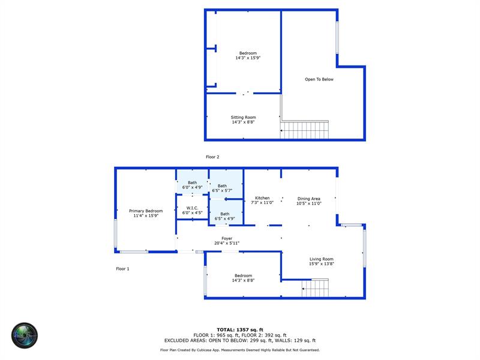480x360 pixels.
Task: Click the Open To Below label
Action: (319, 79)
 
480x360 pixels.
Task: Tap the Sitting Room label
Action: (243, 117)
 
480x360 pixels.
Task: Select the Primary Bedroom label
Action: (146, 211)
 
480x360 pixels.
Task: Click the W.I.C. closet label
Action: (192, 208)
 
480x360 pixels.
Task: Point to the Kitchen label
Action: (262, 198)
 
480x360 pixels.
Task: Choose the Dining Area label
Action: (308, 199)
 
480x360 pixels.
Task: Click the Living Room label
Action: (322, 259)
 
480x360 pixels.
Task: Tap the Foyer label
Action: (227, 238)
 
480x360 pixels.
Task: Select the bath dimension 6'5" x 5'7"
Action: (222, 190)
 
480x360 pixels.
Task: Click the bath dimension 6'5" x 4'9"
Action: (224, 218)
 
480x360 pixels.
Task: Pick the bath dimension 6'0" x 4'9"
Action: (192, 187)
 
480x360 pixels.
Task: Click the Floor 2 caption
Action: (212, 157)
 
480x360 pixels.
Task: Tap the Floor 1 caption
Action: (122, 269)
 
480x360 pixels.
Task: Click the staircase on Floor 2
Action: (305, 130)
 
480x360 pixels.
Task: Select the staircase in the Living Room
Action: (316, 288)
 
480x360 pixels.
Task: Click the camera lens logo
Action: (25, 335)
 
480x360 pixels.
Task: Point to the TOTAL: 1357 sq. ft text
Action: (240, 329)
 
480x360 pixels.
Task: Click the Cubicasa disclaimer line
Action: (240, 350)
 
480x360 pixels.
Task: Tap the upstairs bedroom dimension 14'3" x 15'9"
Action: (248, 58)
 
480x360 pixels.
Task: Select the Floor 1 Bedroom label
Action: (244, 275)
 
